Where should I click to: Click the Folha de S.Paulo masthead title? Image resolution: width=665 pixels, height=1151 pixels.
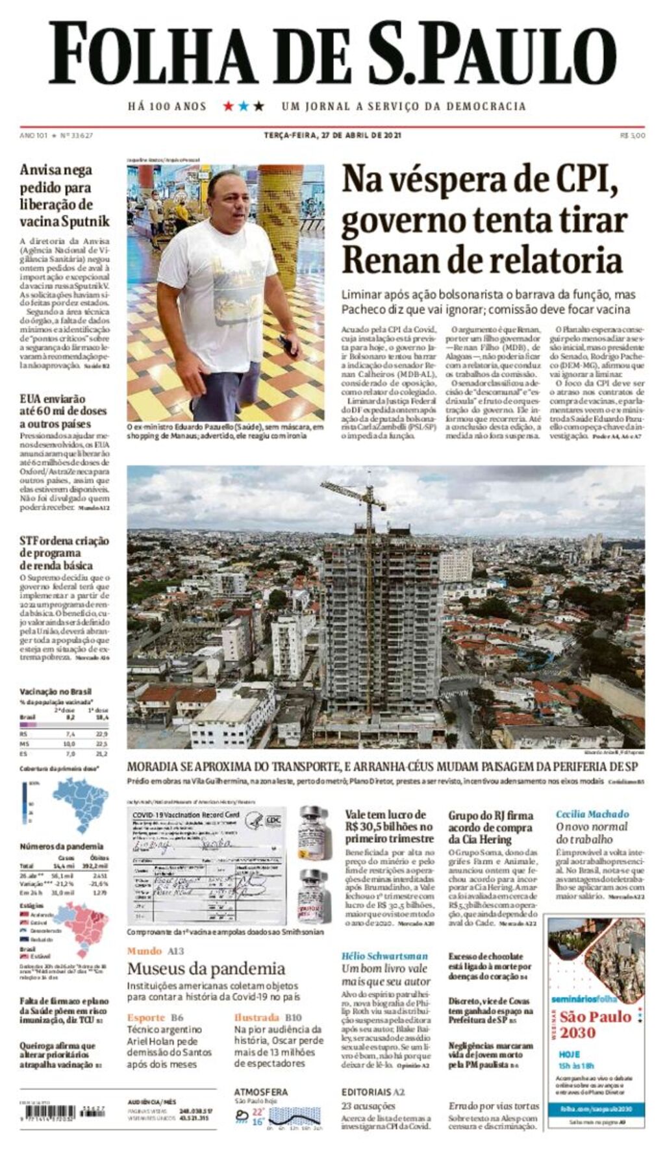(x=332, y=54)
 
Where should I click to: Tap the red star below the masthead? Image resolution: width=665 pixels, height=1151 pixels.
(x=229, y=106)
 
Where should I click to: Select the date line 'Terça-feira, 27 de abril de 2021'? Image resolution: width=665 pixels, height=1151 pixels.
(x=332, y=135)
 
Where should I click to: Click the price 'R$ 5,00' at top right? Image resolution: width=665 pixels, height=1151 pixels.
(x=632, y=135)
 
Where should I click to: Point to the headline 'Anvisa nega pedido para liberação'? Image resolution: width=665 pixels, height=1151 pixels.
(x=64, y=195)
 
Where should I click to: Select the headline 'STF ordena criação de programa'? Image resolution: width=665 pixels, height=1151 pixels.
(x=64, y=552)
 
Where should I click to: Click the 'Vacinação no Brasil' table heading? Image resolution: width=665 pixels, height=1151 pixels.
(x=55, y=691)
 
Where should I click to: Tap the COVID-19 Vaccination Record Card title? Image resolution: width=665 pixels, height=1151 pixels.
(x=186, y=815)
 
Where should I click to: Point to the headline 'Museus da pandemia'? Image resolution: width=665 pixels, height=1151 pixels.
(x=206, y=969)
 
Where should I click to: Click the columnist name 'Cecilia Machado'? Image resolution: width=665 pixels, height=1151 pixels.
(x=592, y=813)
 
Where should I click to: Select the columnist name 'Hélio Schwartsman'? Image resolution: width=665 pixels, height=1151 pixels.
(x=384, y=956)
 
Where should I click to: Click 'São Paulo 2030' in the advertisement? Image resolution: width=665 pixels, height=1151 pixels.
(x=596, y=1024)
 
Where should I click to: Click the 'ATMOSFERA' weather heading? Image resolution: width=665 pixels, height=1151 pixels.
(x=260, y=1092)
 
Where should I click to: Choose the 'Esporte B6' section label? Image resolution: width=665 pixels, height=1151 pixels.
(x=155, y=1017)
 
